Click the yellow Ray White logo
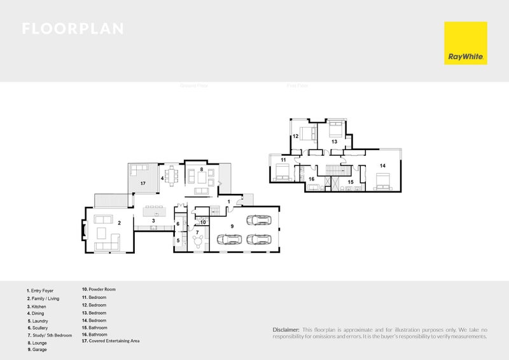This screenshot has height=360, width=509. click(465, 43)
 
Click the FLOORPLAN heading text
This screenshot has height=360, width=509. click(73, 29)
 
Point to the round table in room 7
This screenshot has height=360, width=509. click(200, 240)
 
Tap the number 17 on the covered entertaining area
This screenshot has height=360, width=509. click(143, 183)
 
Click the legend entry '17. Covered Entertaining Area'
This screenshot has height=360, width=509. click(111, 341)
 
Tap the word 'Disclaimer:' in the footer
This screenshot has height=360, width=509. click(285, 329)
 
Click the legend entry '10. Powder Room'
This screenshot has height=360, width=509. click(99, 289)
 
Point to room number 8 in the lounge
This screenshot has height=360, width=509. click(201, 170)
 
